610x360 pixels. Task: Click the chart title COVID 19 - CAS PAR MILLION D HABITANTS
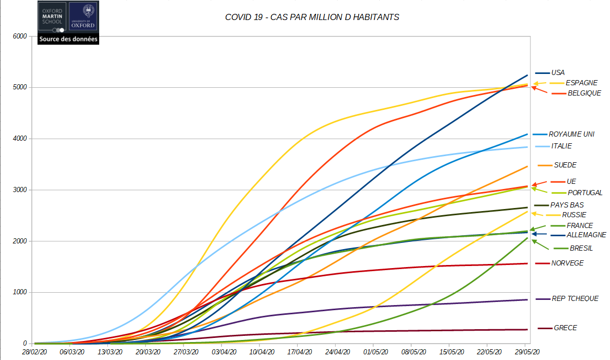click(312, 17)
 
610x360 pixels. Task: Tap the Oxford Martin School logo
click(52, 18)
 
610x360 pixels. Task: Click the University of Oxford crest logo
click(83, 18)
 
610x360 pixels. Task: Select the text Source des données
click(68, 39)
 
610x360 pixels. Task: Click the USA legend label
click(558, 73)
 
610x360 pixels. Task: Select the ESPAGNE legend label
click(581, 83)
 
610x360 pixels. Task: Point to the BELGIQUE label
click(584, 93)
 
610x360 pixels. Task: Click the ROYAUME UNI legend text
click(571, 134)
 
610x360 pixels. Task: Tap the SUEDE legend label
click(565, 165)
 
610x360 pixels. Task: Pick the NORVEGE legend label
click(567, 263)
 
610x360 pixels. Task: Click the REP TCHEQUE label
click(575, 298)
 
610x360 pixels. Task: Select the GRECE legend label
click(565, 328)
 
